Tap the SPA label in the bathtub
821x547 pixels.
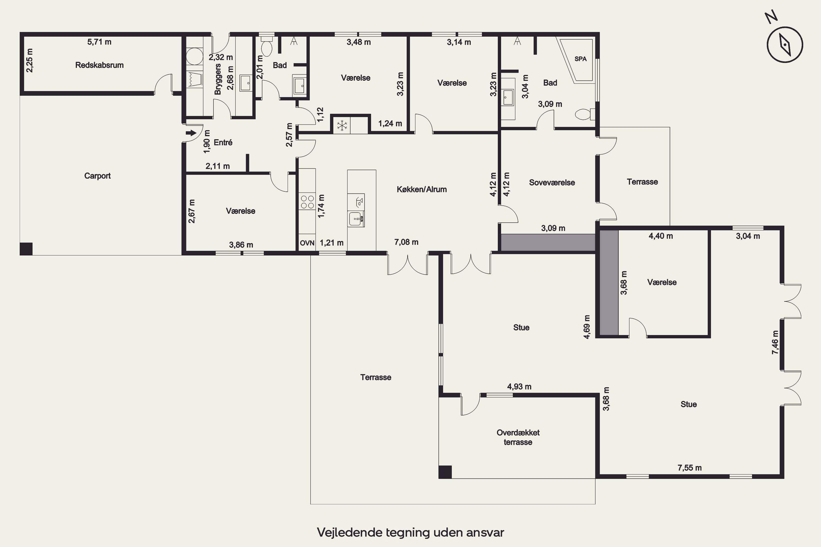pos(580,59)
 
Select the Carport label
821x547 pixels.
pos(97,176)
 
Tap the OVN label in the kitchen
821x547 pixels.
pos(307,243)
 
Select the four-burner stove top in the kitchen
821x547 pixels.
pos(307,202)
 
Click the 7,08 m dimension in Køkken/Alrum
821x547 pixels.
pos(406,242)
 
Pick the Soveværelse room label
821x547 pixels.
pos(552,182)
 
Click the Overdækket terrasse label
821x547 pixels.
pos(518,437)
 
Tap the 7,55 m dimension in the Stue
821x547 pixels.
pos(690,468)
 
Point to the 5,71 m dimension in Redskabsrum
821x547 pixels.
pos(100,42)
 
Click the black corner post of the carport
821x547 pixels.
pos(26,249)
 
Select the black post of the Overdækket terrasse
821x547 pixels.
pos(445,472)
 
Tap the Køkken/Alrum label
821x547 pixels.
pos(422,190)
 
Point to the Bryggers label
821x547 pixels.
pos(218,79)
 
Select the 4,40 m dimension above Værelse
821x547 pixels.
pos(661,236)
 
